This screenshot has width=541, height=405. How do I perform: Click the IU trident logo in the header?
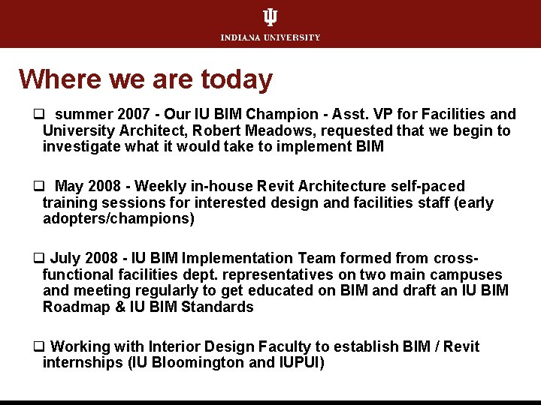coord(270,17)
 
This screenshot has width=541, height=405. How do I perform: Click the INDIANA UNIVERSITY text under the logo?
coord(270,37)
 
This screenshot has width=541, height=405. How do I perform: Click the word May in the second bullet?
coord(70,186)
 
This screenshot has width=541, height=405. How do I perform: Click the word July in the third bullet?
coord(66,258)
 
